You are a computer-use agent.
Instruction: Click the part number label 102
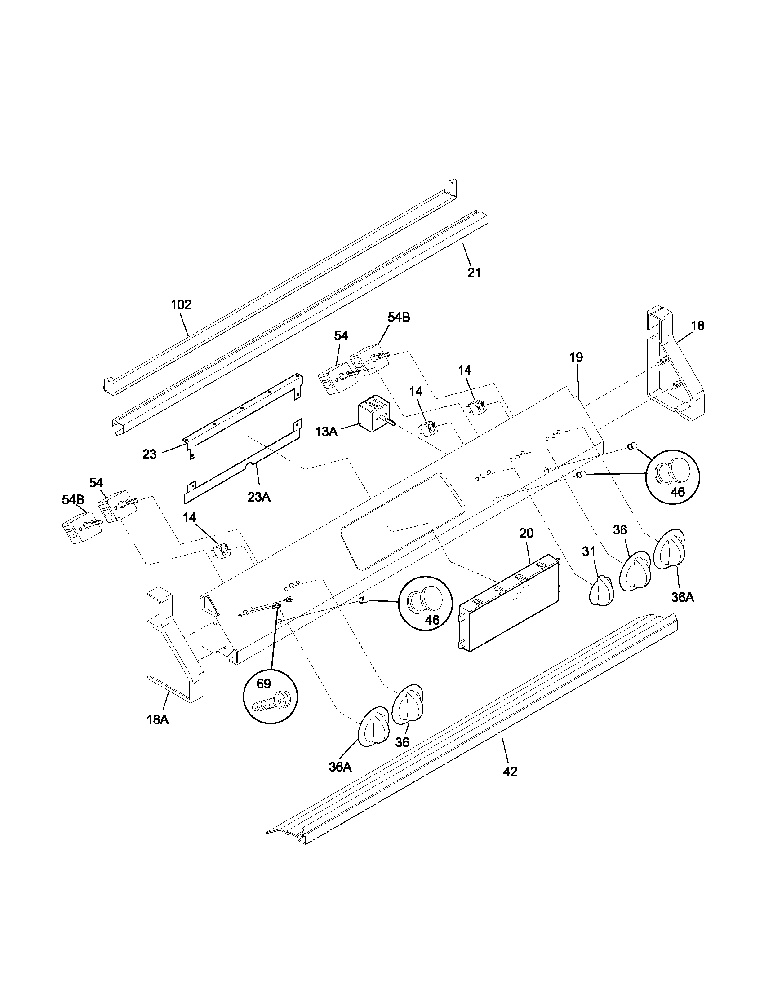click(181, 304)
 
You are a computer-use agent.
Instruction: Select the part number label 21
click(474, 273)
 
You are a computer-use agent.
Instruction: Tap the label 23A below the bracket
click(259, 497)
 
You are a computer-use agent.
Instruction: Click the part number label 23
click(149, 454)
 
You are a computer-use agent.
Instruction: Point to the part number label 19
click(576, 357)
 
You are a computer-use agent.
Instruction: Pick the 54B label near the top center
click(399, 318)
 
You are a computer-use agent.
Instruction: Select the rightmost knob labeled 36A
click(669, 549)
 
